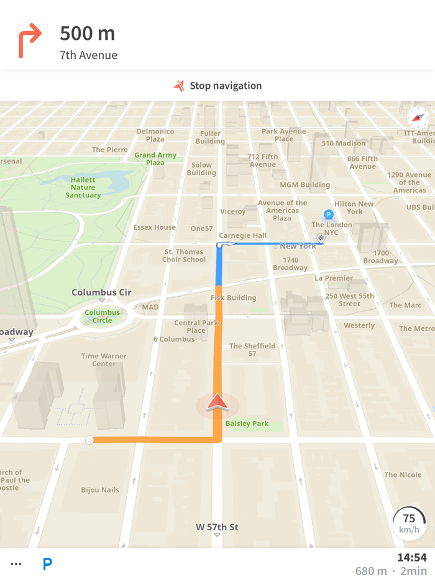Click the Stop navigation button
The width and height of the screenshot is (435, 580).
point(217,86)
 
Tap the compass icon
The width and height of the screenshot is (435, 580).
point(418,117)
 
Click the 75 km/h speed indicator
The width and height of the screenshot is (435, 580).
point(409,523)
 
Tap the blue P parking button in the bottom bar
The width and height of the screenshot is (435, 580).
point(47,564)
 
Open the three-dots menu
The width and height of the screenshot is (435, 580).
point(16,564)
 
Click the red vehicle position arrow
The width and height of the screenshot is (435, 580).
point(217,402)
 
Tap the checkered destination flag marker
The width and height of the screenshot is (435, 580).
point(321,238)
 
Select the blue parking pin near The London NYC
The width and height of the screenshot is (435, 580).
point(329,214)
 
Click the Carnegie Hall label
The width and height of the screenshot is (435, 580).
point(244,235)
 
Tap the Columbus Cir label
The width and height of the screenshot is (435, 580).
point(101,292)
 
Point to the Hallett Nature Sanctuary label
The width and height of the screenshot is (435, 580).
point(83,188)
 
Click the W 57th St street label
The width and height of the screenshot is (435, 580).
point(217,527)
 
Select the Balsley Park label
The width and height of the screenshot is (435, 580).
point(247,424)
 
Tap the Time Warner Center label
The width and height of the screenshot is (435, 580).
point(104,360)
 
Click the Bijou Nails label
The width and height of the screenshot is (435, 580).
point(100,490)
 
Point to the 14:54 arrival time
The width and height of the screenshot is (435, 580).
point(411,558)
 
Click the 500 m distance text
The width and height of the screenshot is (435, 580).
point(88,34)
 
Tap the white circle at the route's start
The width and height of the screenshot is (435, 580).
point(89,440)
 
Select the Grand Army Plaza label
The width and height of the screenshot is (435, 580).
point(155,159)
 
